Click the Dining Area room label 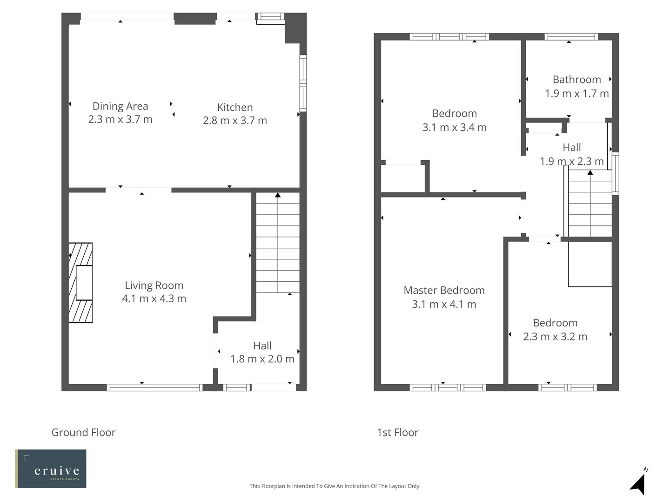(x=120, y=106)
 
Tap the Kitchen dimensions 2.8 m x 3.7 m (x=235, y=121)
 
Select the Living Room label (x=154, y=285)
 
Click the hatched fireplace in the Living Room (x=80, y=283)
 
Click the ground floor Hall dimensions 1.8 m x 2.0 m (x=262, y=359)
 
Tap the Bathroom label (x=576, y=80)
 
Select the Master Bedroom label (x=444, y=291)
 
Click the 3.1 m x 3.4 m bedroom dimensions (x=454, y=128)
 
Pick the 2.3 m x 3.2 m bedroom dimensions (x=555, y=337)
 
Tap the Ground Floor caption (x=83, y=433)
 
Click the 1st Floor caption (x=397, y=433)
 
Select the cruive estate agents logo (x=51, y=469)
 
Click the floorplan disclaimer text (x=335, y=486)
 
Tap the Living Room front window (x=154, y=387)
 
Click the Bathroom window (x=571, y=37)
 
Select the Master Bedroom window (x=448, y=387)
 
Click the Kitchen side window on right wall (x=303, y=83)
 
